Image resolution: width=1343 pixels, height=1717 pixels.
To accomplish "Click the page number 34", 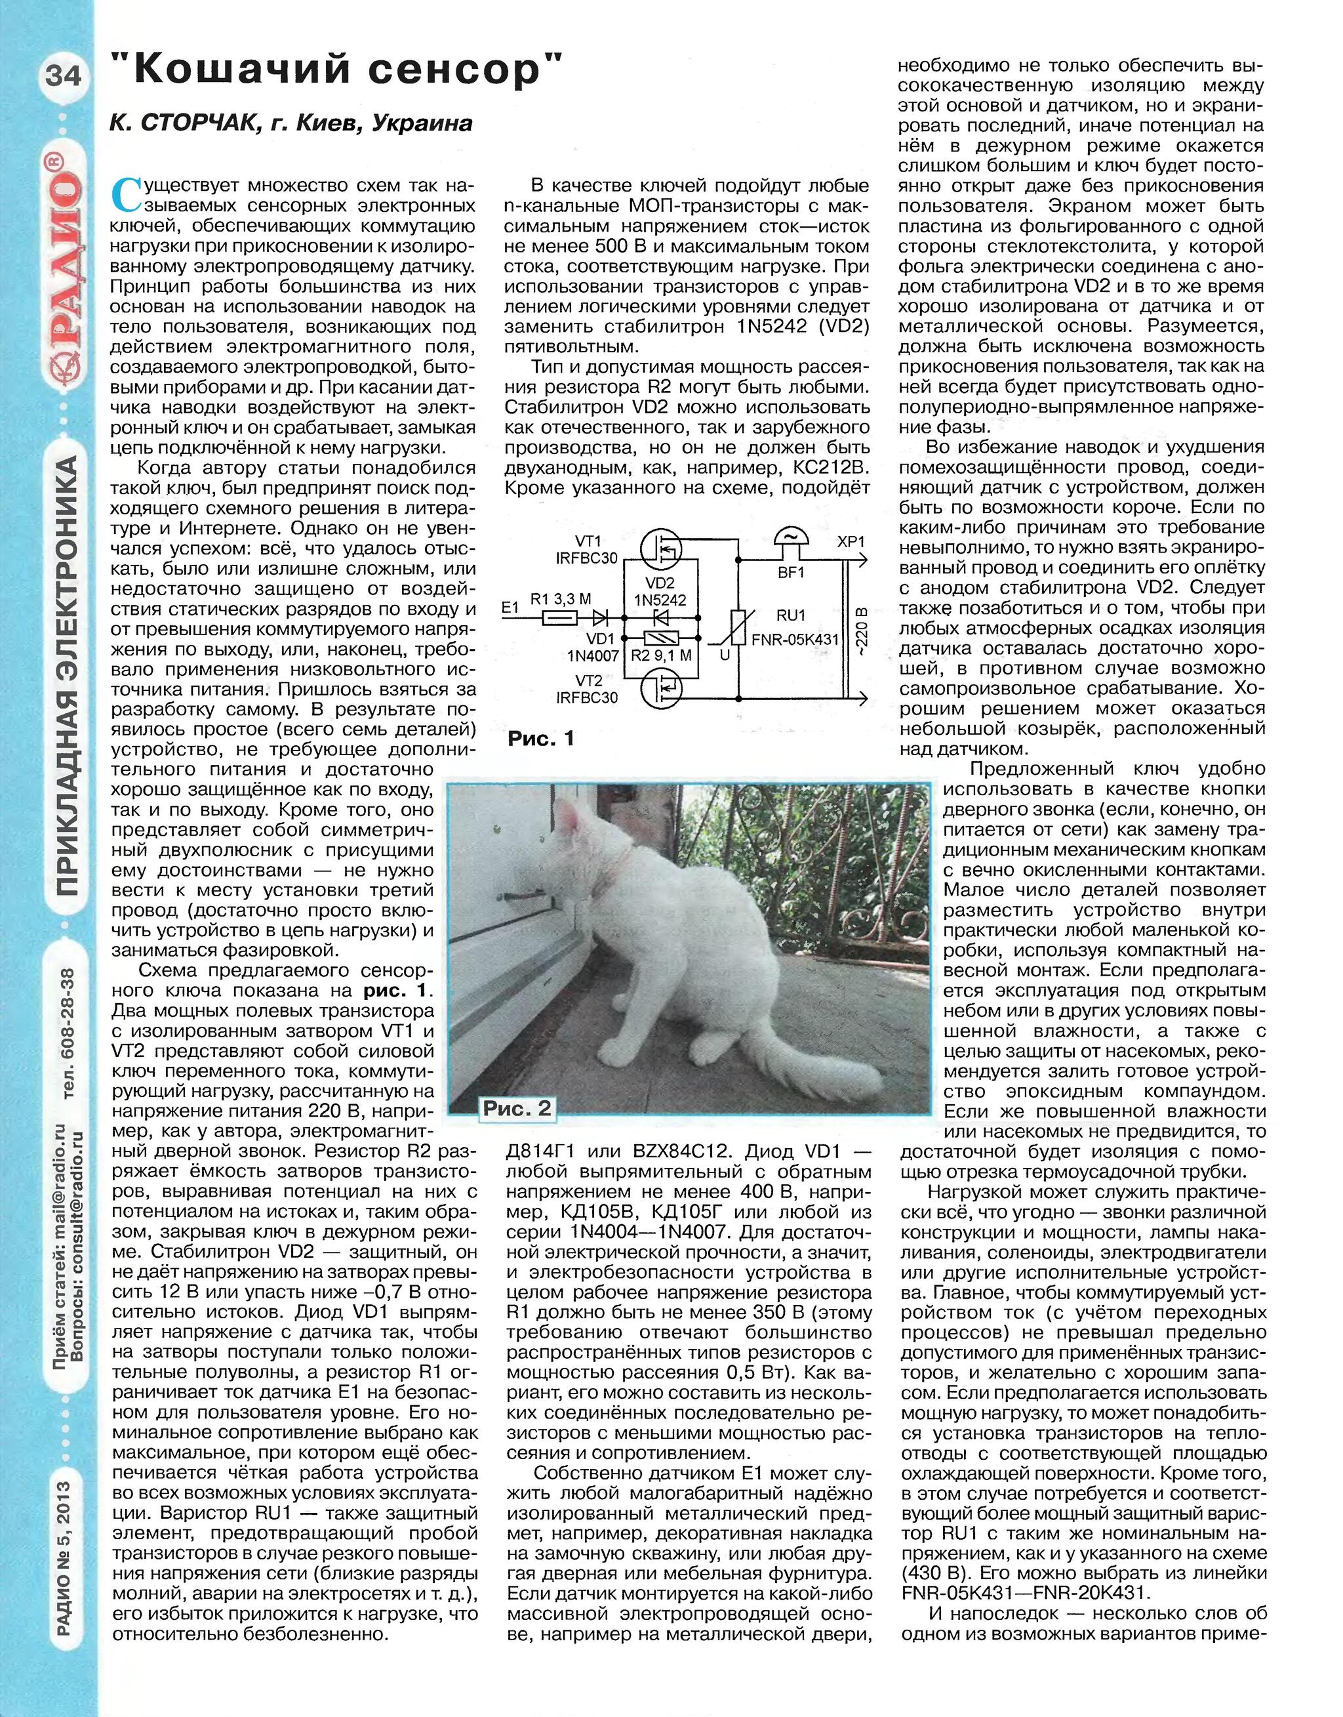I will [63, 75].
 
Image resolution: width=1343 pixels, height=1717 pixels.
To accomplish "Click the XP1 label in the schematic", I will [851, 541].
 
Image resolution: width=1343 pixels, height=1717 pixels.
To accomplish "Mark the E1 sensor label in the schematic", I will [510, 607].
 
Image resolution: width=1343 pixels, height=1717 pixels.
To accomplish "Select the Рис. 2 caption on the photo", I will [517, 1109].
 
